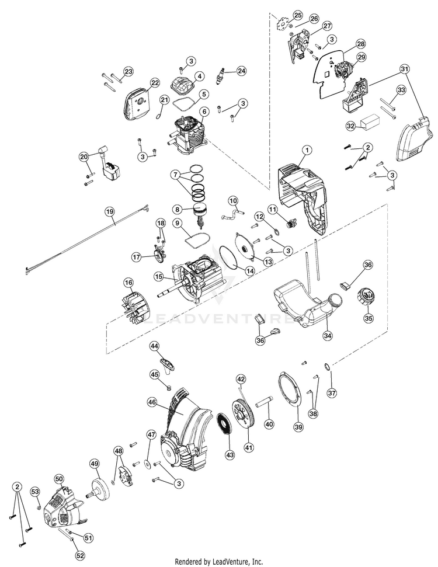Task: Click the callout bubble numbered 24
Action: pyautogui.click(x=241, y=71)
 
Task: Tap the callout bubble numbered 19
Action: pyautogui.click(x=110, y=212)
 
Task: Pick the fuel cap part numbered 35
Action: pyautogui.click(x=367, y=297)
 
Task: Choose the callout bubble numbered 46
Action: pyautogui.click(x=152, y=401)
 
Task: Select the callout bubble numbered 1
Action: pyautogui.click(x=307, y=149)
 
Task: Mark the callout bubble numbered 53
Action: pyautogui.click(x=35, y=492)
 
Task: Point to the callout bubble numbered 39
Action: pyautogui.click(x=299, y=427)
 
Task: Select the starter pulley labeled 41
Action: pyautogui.click(x=243, y=413)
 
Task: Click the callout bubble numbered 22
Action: pyautogui.click(x=154, y=83)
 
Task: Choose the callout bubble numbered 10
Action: pyautogui.click(x=233, y=200)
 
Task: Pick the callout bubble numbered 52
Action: pyautogui.click(x=82, y=555)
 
